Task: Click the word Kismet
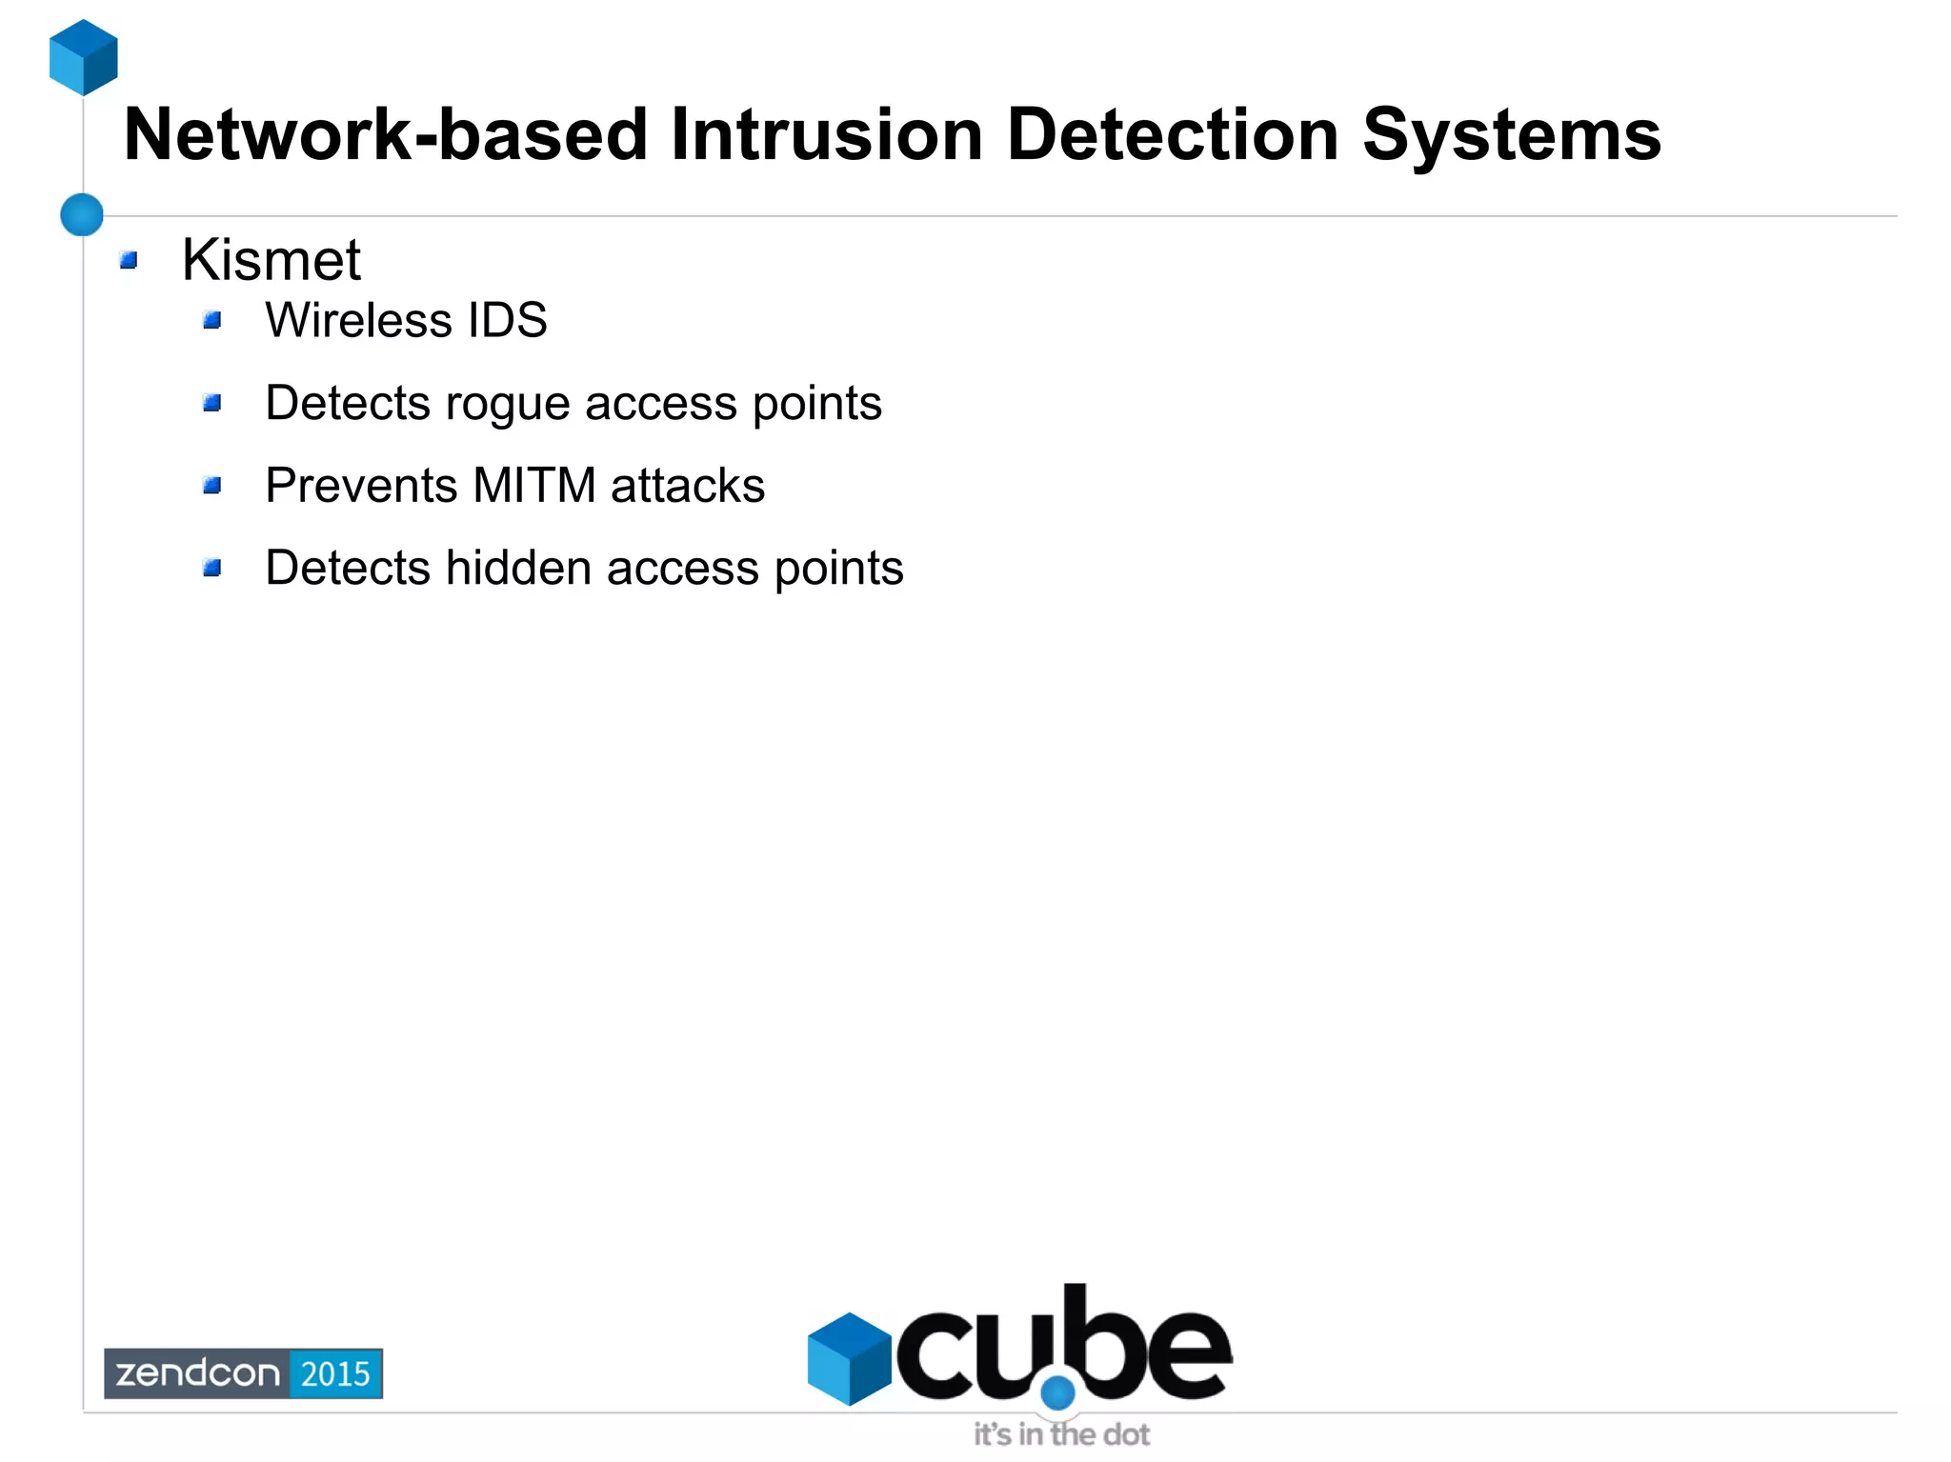[272, 260]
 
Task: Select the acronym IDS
[507, 320]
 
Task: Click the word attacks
[687, 486]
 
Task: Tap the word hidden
[518, 569]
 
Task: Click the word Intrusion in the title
[826, 135]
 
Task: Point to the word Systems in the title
[1511, 135]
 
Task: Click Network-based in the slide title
[387, 135]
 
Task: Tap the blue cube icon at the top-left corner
[84, 57]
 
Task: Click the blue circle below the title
[82, 214]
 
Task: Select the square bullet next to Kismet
[130, 260]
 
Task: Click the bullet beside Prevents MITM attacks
[212, 486]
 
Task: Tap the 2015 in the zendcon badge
[335, 1373]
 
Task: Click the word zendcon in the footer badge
[197, 1373]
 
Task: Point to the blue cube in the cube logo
[849, 1358]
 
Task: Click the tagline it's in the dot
[1061, 1434]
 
